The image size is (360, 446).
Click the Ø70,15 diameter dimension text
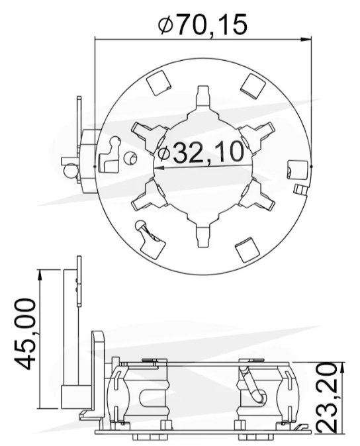coord(202,24)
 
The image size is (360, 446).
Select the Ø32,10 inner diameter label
coord(201,152)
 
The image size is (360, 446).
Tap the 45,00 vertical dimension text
coord(25,334)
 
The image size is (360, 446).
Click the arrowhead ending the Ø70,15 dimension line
coord(306,40)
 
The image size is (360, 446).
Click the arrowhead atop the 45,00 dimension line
coord(40,275)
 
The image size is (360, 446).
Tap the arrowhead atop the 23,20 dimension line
coord(342,368)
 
